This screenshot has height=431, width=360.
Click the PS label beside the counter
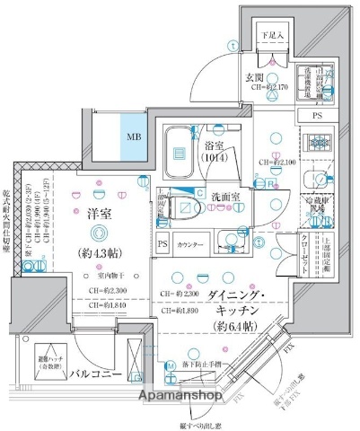(x=162, y=244)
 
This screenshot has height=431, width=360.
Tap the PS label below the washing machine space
(x=316, y=116)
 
